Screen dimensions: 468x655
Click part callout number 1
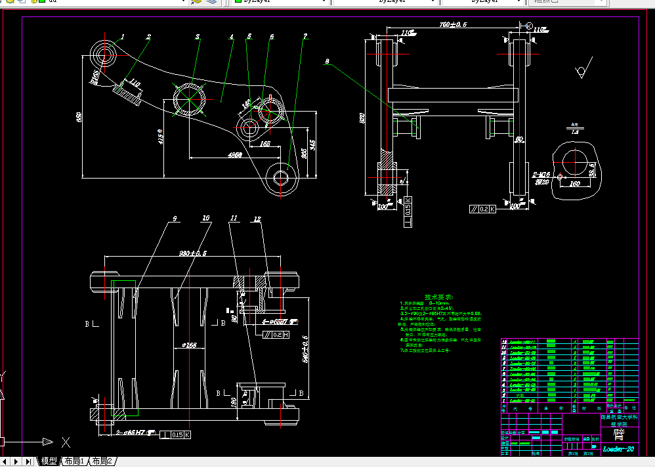point(123,37)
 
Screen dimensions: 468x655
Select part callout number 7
point(305,36)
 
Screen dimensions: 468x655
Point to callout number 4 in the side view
point(232,37)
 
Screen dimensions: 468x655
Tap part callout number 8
point(326,62)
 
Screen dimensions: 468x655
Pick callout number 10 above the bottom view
point(205,218)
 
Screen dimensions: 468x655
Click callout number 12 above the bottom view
point(257,219)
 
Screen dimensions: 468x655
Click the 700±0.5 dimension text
point(453,24)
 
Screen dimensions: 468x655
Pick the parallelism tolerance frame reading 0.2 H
point(276,335)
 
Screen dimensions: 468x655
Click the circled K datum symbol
point(529,25)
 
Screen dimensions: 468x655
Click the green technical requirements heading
point(439,297)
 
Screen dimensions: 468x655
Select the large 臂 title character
point(619,433)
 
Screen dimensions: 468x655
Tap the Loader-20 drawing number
point(618,449)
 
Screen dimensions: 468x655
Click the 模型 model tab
point(49,461)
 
